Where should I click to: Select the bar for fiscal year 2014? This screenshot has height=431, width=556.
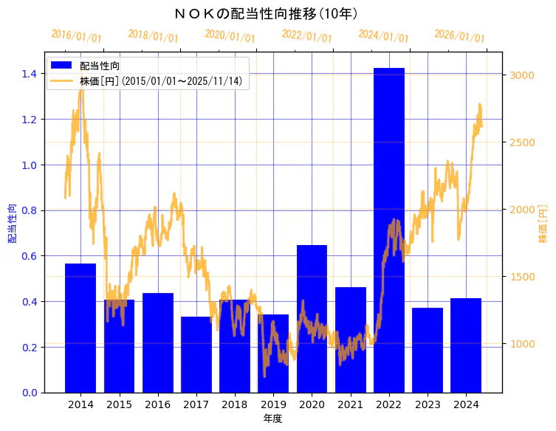point(80,328)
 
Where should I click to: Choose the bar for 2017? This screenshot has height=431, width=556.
point(196,354)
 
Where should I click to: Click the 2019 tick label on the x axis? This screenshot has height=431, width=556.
point(273,404)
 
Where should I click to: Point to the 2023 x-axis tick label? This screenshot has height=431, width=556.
point(428,404)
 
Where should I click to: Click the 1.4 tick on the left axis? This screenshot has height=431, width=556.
point(30,74)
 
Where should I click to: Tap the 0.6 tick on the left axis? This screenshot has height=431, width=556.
point(30,256)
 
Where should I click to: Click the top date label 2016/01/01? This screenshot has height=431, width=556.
point(76,36)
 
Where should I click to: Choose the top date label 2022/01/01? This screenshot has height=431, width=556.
point(306,36)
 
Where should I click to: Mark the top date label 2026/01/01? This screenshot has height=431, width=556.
point(459,36)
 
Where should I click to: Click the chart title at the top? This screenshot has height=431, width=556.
point(278,13)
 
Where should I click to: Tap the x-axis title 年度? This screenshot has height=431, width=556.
point(273,418)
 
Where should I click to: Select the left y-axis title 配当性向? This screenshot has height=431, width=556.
point(12,224)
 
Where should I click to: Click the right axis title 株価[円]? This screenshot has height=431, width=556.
point(543,224)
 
